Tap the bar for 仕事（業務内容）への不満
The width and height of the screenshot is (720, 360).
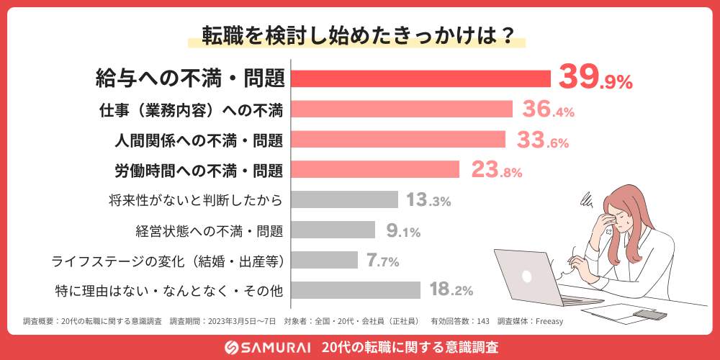402,109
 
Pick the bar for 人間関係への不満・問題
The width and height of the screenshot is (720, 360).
398,139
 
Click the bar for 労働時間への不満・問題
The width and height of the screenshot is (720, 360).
375,169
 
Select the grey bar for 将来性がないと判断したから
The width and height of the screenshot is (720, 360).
344,199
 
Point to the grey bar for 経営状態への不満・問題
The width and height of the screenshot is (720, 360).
333,230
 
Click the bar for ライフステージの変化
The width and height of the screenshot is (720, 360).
325,260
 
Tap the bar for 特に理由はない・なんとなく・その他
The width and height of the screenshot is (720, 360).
356,290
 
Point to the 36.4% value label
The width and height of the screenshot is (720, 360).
548,109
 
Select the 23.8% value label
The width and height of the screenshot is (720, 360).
496,170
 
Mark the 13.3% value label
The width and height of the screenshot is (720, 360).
428,200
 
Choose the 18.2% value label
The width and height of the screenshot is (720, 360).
451,291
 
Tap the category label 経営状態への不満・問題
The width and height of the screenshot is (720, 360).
209,230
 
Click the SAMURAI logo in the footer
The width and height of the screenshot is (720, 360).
266,347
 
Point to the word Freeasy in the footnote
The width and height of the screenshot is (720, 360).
548,321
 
